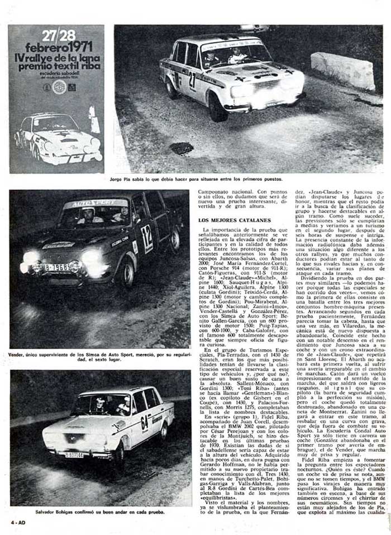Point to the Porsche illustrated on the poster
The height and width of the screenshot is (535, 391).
(x=58, y=139)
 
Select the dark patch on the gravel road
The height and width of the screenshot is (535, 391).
(x=182, y=148)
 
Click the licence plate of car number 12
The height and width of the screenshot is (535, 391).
(x=57, y=267)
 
